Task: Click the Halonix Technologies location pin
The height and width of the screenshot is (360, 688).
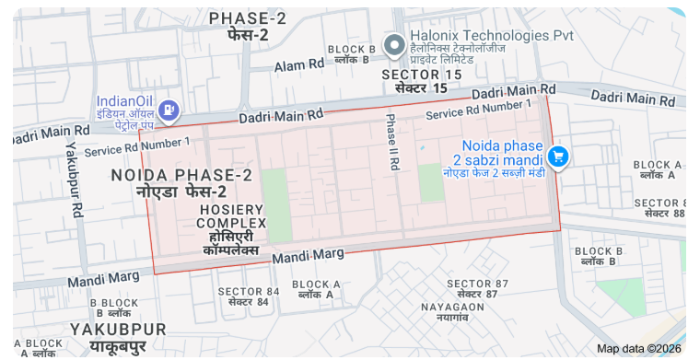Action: (x=395, y=44)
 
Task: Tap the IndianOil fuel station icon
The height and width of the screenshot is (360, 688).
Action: (x=168, y=110)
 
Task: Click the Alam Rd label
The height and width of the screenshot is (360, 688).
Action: (x=299, y=65)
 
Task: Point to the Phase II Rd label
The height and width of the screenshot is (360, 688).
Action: (x=392, y=141)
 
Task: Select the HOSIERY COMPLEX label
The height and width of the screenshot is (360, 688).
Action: (x=231, y=216)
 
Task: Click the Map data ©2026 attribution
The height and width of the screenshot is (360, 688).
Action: (x=639, y=348)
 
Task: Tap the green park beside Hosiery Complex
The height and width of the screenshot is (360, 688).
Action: (x=275, y=204)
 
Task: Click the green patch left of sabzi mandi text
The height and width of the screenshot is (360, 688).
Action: (x=431, y=183)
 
